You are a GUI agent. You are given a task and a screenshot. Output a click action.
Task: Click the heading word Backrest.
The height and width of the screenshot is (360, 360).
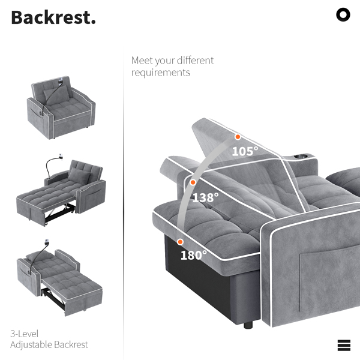[x=53, y=17]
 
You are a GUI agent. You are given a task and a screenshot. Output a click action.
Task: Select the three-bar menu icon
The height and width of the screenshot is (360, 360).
[x=344, y=346]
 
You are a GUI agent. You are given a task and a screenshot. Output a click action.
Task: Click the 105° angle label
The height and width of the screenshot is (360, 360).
[x=245, y=151]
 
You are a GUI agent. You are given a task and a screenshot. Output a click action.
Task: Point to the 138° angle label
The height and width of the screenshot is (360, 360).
[x=205, y=197]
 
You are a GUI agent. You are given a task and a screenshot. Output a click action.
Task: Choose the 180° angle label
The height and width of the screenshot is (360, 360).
[x=194, y=255]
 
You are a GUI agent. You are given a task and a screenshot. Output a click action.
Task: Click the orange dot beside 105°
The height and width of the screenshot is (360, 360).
[x=238, y=137]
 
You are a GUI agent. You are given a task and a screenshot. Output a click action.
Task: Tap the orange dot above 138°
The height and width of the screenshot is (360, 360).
[x=193, y=182]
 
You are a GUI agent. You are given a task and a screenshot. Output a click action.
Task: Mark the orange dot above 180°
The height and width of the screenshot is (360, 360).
[x=180, y=242]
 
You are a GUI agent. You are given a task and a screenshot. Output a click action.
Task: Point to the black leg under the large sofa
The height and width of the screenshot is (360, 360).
[x=248, y=325]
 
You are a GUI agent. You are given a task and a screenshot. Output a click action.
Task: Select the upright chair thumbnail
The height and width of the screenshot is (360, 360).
[x=61, y=107]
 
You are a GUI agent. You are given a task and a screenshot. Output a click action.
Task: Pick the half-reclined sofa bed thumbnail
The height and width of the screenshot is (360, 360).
[x=61, y=190]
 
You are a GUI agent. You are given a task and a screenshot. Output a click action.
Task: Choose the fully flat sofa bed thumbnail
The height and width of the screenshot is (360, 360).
[x=59, y=278]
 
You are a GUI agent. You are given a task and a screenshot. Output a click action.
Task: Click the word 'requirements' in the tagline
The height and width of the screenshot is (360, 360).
[x=161, y=73]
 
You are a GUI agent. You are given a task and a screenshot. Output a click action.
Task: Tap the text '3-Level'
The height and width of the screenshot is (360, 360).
[x=25, y=334]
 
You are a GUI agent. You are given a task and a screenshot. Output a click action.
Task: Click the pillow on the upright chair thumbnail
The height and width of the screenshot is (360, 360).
[x=56, y=94]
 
